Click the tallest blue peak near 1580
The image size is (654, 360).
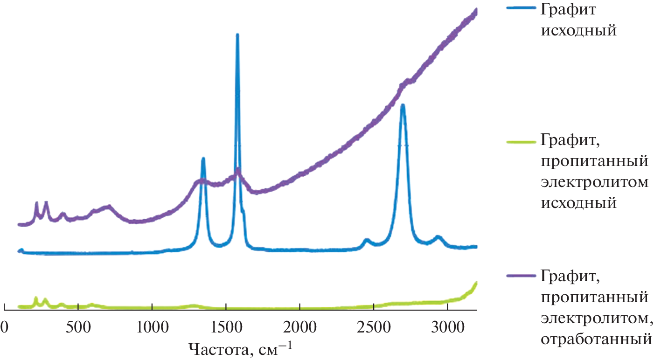237,35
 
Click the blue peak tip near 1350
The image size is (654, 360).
203,159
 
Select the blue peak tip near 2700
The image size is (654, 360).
403,105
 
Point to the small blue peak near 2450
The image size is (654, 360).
367,240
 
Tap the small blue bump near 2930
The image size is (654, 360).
438,237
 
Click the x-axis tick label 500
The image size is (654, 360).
78,325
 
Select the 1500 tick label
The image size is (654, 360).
226,325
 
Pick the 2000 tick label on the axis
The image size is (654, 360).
300,325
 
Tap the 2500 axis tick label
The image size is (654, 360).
374,325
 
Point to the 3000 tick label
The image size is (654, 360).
447,325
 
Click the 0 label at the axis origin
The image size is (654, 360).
4,325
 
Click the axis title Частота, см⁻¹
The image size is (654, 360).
241,348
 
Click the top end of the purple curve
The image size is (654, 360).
476,10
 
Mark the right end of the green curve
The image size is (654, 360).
476,283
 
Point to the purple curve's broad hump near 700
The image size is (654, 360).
108,207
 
